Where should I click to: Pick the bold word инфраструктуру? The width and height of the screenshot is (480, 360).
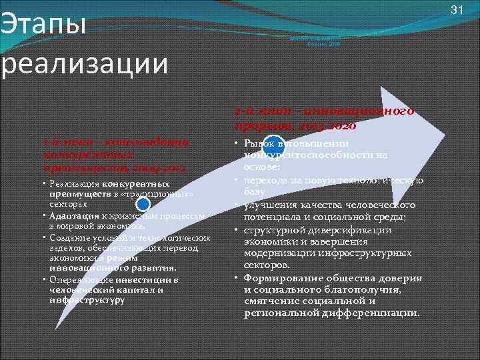87,301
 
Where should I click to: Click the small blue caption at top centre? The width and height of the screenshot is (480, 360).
315,41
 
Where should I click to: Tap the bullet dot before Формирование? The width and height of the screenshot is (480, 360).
236,277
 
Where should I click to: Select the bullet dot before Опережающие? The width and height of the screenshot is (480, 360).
44,279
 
